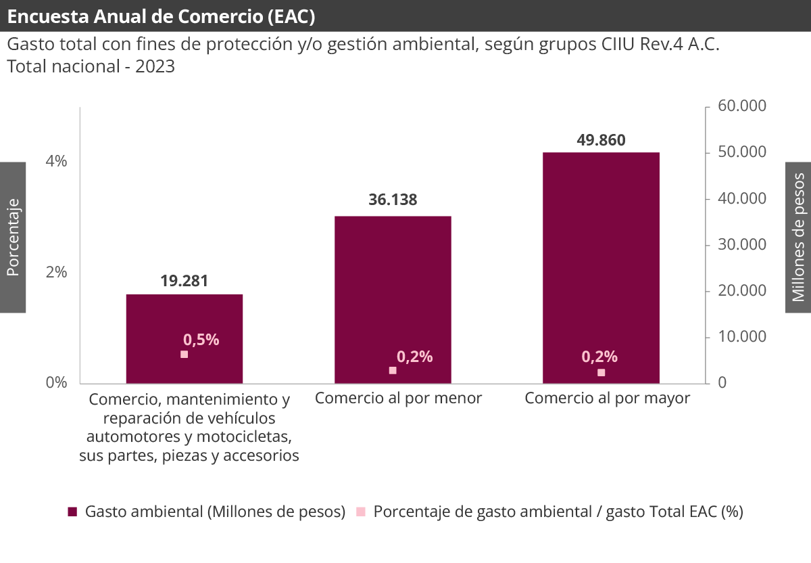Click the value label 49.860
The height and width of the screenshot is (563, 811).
click(x=601, y=140)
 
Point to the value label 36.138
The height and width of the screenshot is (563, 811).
click(x=393, y=200)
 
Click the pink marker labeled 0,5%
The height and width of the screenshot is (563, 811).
click(x=184, y=354)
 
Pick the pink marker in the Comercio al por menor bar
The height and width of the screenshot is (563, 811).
click(x=393, y=370)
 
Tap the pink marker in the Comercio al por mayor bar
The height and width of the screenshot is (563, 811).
click(x=601, y=372)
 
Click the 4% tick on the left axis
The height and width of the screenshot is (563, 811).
click(x=57, y=161)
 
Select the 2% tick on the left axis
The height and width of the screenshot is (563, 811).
click(x=57, y=272)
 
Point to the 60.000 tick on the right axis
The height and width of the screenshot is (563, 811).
click(x=741, y=106)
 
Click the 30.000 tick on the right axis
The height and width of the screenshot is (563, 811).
click(x=741, y=244)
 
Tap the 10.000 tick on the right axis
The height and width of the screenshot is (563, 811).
click(x=741, y=336)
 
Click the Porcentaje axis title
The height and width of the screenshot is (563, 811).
click(x=12, y=238)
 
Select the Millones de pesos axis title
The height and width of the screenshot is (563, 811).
click(x=798, y=238)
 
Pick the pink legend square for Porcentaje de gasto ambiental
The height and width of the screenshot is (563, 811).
click(x=361, y=512)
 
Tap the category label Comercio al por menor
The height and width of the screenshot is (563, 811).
click(x=398, y=398)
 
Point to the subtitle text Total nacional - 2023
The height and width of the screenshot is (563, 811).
click(x=91, y=67)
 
